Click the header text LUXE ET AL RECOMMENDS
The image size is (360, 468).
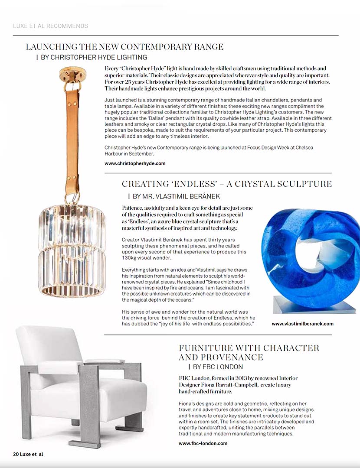coord(50,26)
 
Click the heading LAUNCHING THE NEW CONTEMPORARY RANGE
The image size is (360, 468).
coord(125,47)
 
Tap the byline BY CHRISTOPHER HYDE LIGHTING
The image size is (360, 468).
coord(94,57)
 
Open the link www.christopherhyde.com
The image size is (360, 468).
coord(135,163)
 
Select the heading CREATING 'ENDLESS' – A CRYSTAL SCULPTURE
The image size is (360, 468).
coord(226,184)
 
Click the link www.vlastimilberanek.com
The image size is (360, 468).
coord(302,324)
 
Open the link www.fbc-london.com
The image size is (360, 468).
coord(203,443)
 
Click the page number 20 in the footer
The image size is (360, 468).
coord(16,454)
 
